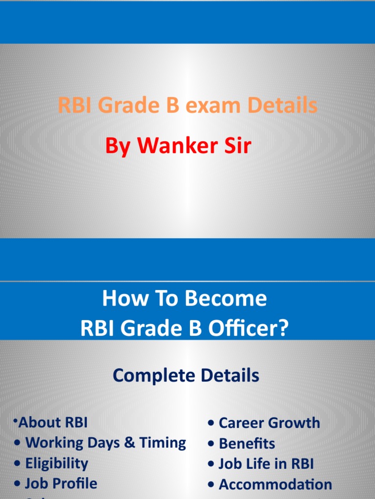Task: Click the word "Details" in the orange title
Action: tap(279, 106)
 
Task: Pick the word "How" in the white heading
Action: tap(120, 299)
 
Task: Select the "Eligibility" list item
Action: tap(56, 463)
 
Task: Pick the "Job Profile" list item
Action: tap(61, 484)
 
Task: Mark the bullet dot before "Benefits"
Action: tap(211, 444)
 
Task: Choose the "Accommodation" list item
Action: tap(275, 484)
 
